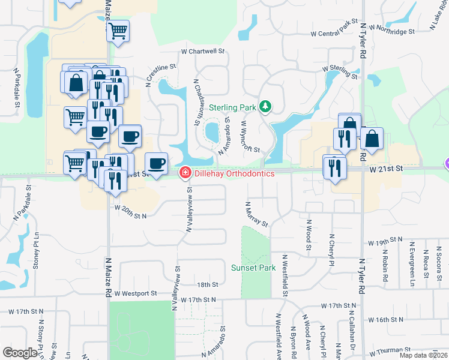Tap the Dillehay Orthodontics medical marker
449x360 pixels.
click(185, 173)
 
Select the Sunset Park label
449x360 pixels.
click(253, 267)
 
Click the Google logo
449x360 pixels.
click(20, 353)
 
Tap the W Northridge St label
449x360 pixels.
click(392, 29)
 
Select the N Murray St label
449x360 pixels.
click(256, 214)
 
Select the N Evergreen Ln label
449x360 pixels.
click(413, 262)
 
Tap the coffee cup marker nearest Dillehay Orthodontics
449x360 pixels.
click(157, 163)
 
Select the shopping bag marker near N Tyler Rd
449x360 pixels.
click(372, 138)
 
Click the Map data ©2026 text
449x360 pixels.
click(423, 355)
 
